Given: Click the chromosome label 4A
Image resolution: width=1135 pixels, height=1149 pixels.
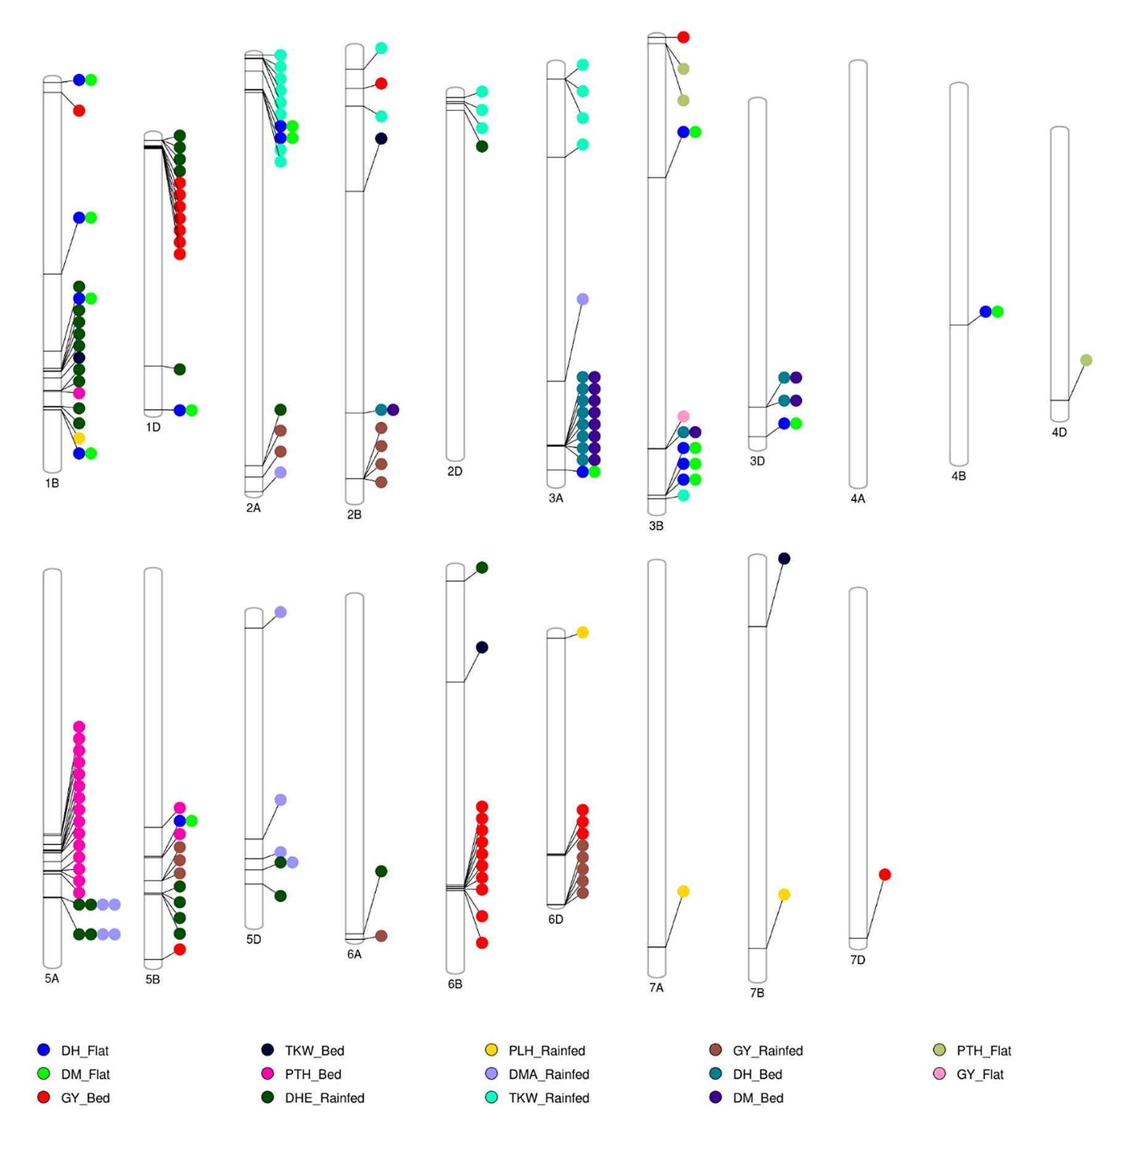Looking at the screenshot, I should click(x=858, y=499).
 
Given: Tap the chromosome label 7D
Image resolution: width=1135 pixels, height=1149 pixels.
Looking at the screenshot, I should click(x=858, y=960).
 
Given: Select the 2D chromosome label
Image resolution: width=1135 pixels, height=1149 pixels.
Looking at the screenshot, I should click(x=454, y=472).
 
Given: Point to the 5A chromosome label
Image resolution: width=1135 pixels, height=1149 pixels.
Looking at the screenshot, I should click(x=52, y=978).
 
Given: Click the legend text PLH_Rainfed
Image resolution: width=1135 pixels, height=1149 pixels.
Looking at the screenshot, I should click(x=546, y=1050).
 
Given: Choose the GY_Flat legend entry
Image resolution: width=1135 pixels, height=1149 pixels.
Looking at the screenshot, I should click(x=980, y=1074).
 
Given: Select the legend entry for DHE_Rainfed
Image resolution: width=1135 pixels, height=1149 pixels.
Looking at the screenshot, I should click(x=324, y=1098).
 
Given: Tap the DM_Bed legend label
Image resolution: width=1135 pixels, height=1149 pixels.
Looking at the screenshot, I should click(x=758, y=1098).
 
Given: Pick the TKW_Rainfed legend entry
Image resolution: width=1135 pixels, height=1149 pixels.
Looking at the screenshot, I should click(x=549, y=1098).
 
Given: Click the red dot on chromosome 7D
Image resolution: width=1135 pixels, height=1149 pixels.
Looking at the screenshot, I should click(x=885, y=874).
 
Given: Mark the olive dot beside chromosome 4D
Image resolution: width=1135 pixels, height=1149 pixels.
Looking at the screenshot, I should click(x=1086, y=360).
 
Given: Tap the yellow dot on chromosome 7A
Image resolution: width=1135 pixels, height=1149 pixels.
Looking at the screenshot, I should click(x=683, y=891).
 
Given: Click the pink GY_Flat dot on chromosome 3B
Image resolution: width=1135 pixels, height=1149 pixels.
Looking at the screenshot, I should click(x=683, y=416).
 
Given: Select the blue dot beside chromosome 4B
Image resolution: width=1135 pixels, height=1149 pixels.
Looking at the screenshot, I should click(x=985, y=312).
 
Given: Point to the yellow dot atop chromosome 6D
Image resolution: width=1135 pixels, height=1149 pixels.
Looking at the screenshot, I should click(x=583, y=632).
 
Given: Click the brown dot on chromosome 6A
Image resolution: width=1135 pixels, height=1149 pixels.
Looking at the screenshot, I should click(x=381, y=936).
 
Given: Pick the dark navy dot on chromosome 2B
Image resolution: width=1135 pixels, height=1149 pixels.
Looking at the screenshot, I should click(x=381, y=139).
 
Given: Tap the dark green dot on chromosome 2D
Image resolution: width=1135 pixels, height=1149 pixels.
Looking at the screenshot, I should click(x=482, y=146).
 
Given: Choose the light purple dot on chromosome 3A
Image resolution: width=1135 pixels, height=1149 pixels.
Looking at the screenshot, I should click(x=583, y=299).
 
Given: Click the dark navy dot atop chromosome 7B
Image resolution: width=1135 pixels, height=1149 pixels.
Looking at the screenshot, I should click(x=784, y=558).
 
